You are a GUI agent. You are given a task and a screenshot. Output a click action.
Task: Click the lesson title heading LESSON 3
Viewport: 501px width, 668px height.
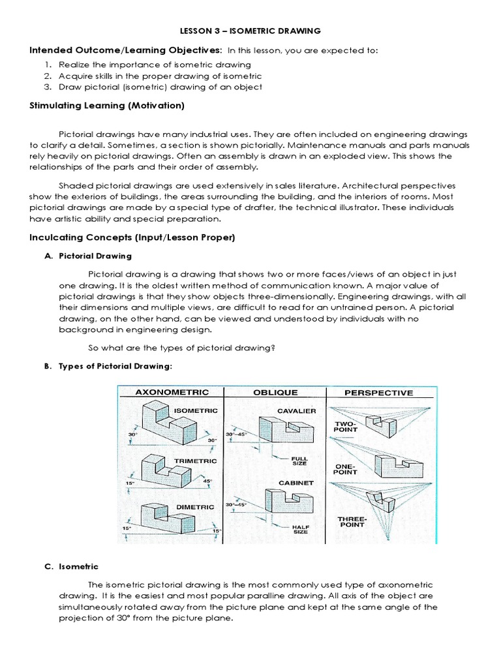(x=250, y=31)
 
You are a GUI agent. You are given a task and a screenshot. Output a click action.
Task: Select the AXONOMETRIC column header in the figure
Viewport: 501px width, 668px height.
(x=172, y=392)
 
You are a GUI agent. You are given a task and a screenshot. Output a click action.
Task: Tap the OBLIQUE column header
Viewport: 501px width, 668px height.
(x=275, y=392)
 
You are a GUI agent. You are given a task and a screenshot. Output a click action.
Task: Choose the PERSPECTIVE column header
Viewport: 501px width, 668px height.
(x=378, y=393)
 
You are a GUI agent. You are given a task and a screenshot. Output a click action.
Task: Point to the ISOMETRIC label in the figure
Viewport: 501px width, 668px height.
(x=194, y=410)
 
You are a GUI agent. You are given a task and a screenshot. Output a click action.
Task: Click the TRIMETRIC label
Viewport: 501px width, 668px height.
(x=195, y=461)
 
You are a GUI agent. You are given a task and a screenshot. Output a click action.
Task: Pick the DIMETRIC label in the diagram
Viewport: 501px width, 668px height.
(x=194, y=506)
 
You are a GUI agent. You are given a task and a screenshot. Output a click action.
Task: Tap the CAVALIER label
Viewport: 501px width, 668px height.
(x=296, y=410)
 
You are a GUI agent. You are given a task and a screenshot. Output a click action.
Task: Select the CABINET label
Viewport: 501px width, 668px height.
(x=296, y=483)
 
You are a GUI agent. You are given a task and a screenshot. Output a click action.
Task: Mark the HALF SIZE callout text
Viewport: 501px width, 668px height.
(x=300, y=529)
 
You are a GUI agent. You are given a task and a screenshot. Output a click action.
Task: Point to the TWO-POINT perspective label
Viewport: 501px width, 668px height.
(x=346, y=427)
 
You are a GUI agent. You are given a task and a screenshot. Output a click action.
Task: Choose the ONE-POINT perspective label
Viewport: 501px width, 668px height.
(x=346, y=470)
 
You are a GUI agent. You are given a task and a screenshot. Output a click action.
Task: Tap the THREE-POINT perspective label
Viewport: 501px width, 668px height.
(x=352, y=523)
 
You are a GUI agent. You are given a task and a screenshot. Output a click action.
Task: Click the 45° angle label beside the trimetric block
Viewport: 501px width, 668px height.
(x=208, y=481)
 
